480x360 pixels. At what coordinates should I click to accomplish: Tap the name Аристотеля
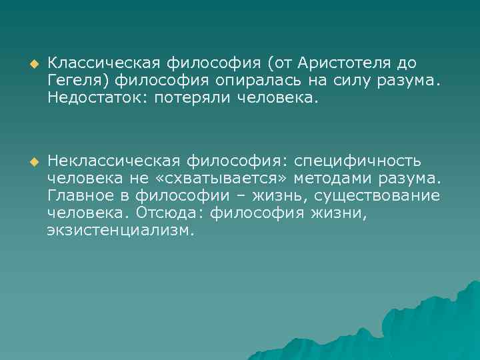(x=345, y=63)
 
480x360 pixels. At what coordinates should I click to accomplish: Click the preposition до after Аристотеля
(x=406, y=63)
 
